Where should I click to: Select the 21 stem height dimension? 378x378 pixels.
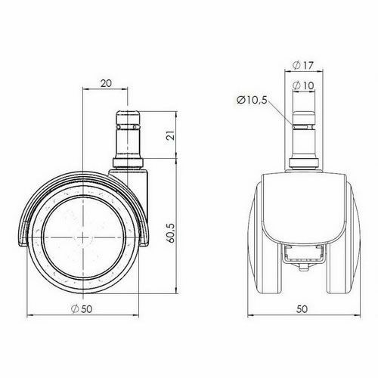pyautogui.click(x=172, y=136)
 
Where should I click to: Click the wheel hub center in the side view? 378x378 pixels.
pyautogui.click(x=81, y=237)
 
